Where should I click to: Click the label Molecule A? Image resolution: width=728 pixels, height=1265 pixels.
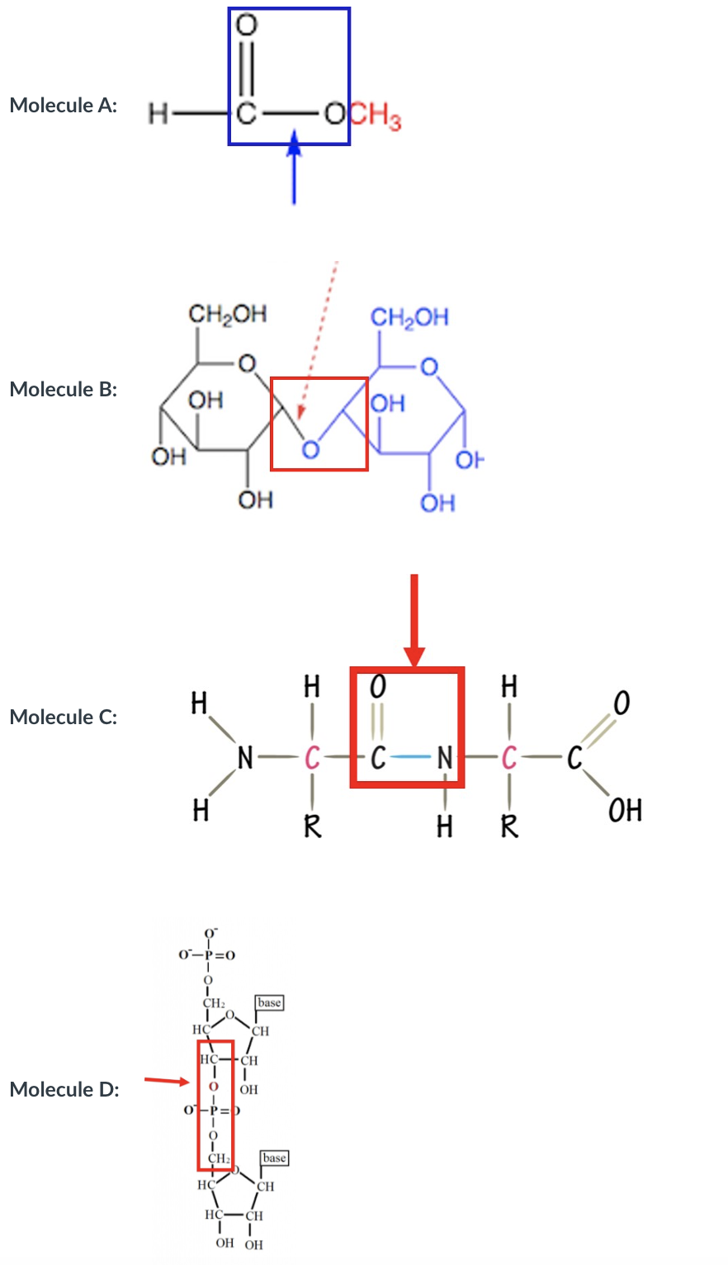pyautogui.click(x=64, y=106)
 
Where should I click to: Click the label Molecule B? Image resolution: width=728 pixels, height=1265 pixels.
pyautogui.click(x=64, y=389)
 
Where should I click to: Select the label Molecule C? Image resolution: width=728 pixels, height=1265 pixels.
pyautogui.click(x=64, y=717)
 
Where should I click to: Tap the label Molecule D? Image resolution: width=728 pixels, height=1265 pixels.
pyautogui.click(x=64, y=1089)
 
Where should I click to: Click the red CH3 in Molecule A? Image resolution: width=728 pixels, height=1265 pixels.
pyautogui.click(x=376, y=116)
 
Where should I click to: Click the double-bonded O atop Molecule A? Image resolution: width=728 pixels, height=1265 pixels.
pyautogui.click(x=245, y=25)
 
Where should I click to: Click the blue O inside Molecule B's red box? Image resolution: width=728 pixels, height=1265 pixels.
pyautogui.click(x=310, y=450)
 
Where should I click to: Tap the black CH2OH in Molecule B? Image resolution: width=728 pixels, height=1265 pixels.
pyautogui.click(x=227, y=314)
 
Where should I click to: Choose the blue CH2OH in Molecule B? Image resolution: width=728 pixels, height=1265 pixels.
pyautogui.click(x=409, y=317)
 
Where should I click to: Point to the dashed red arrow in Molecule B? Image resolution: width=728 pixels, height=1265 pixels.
pyautogui.click(x=318, y=339)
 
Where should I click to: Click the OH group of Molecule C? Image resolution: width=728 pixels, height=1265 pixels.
pyautogui.click(x=625, y=810)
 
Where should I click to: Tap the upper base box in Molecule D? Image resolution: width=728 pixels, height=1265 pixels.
pyautogui.click(x=269, y=1002)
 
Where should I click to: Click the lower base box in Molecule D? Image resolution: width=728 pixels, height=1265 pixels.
pyautogui.click(x=274, y=1158)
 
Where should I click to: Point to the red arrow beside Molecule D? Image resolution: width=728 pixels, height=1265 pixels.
pyautogui.click(x=168, y=1080)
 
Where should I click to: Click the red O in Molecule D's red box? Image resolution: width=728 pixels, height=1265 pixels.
pyautogui.click(x=214, y=1086)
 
